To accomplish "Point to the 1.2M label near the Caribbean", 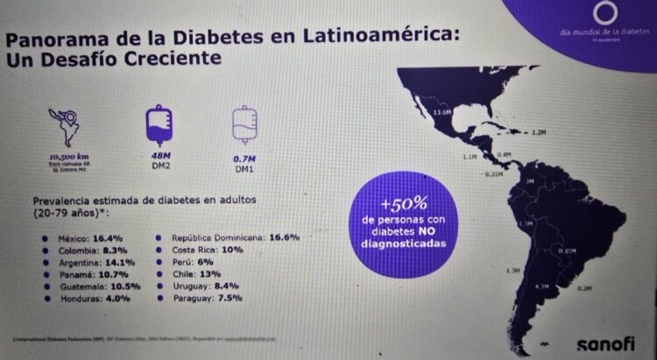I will [x=540, y=133].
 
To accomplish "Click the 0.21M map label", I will [x=493, y=173].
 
